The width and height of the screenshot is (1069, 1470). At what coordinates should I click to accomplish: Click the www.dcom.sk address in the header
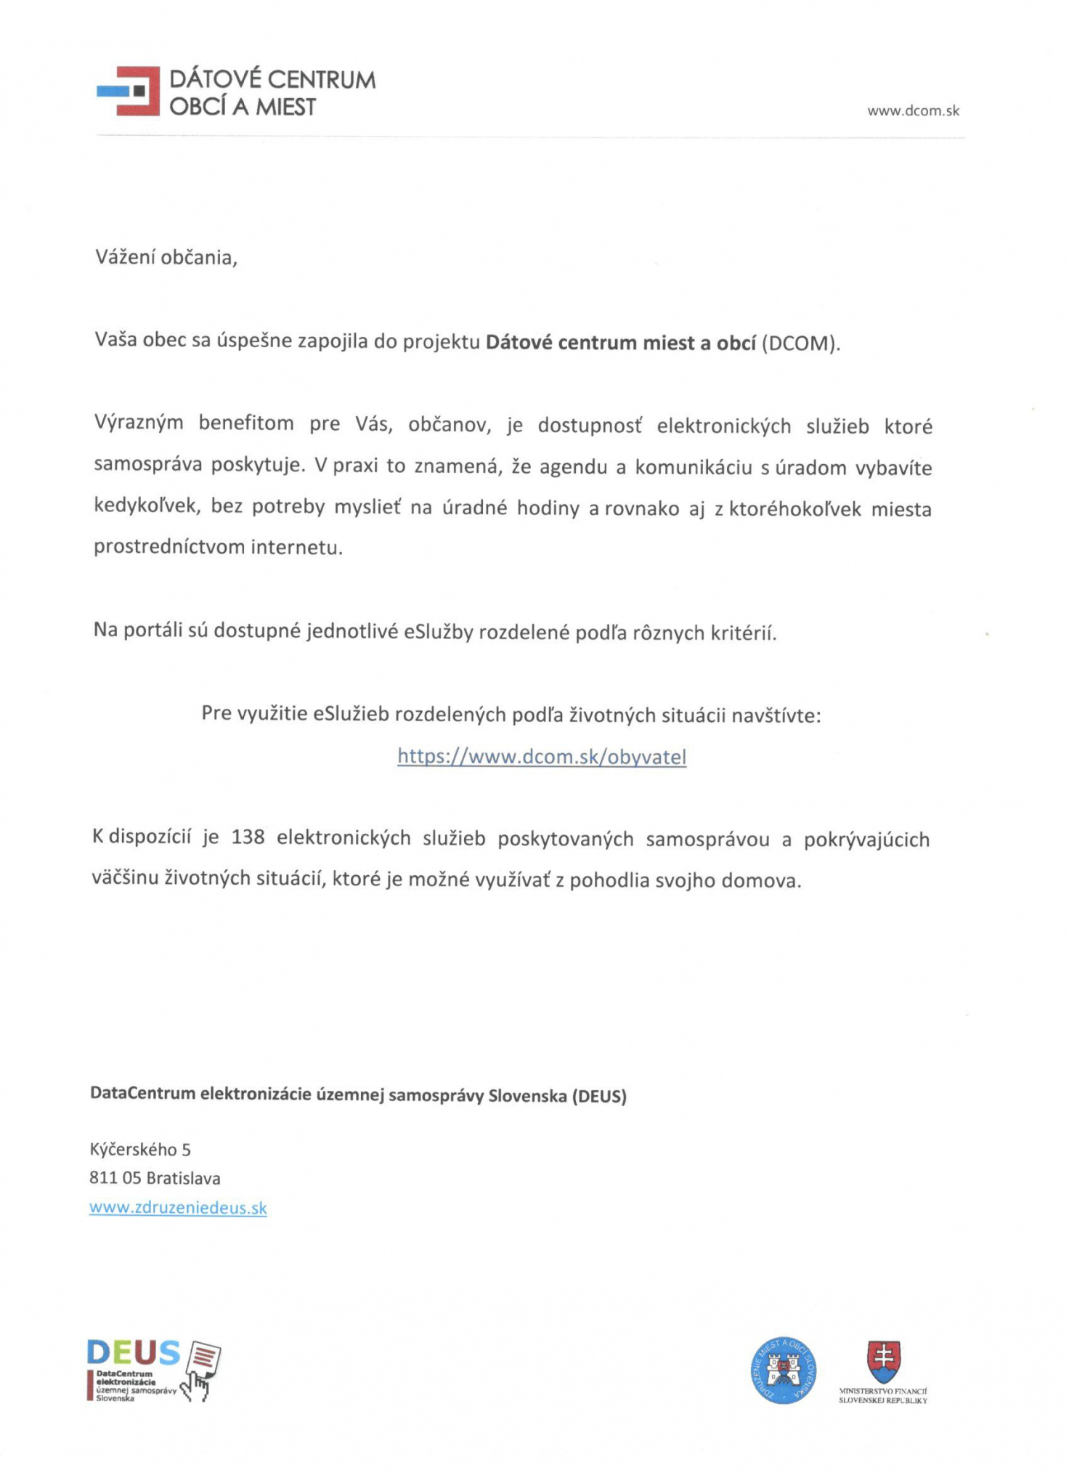913,111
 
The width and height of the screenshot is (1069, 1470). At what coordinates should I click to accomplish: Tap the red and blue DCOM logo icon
129,91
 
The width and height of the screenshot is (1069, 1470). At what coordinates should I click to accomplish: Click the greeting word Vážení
126,257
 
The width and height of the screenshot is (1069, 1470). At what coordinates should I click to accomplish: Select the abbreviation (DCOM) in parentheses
800,343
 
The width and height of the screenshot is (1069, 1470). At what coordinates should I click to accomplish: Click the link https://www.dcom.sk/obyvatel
542,757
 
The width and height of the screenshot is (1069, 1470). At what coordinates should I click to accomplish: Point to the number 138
248,837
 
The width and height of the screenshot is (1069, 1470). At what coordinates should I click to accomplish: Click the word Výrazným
139,423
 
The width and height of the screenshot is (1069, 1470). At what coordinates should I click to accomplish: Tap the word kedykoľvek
145,506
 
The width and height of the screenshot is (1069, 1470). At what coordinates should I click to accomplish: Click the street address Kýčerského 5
140,1149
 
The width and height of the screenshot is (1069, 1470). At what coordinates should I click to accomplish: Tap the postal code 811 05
115,1178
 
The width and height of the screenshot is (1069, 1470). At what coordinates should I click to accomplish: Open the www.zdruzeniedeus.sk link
178,1208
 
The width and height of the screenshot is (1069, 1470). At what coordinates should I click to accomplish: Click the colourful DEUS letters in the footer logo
133,1352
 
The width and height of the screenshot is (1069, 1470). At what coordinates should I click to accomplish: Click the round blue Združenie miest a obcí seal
783,1371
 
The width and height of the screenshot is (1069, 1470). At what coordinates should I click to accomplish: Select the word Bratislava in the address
183,1178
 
